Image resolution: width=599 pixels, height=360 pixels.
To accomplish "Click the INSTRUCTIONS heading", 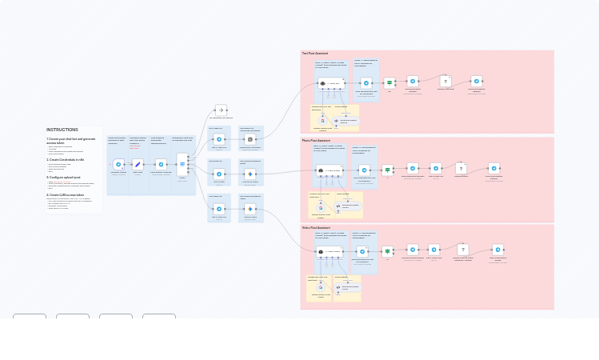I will pyautogui.click(x=62, y=130).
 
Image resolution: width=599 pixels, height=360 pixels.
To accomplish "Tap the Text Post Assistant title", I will pyautogui.click(x=315, y=54).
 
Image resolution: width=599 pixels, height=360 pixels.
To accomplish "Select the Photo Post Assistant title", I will pyautogui.click(x=316, y=141).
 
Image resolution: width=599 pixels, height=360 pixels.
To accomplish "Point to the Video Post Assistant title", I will pyautogui.click(x=316, y=227).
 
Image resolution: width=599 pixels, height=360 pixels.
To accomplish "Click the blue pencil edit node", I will pyautogui.click(x=138, y=164).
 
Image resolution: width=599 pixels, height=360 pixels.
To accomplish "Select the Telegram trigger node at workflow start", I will pyautogui.click(x=118, y=164).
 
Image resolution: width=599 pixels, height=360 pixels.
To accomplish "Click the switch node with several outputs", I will pyautogui.click(x=182, y=164).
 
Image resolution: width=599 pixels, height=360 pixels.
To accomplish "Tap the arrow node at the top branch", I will pyautogui.click(x=222, y=110).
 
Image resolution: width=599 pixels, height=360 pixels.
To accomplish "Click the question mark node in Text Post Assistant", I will pyautogui.click(x=446, y=82).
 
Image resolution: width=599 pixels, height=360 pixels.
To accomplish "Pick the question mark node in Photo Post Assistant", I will pyautogui.click(x=461, y=169).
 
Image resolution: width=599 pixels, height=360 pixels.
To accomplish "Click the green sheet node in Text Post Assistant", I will pyautogui.click(x=389, y=82).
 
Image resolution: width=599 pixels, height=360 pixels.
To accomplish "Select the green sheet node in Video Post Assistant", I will pyautogui.click(x=388, y=251).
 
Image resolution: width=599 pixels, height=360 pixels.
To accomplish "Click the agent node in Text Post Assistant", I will pyautogui.click(x=329, y=83).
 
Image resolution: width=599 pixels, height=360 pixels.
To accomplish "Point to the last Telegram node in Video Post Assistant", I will pyautogui.click(x=497, y=250).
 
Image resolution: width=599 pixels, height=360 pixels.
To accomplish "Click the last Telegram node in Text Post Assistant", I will pyautogui.click(x=477, y=81).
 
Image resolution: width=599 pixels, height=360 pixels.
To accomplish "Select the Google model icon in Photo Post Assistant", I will pyautogui.click(x=320, y=207).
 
